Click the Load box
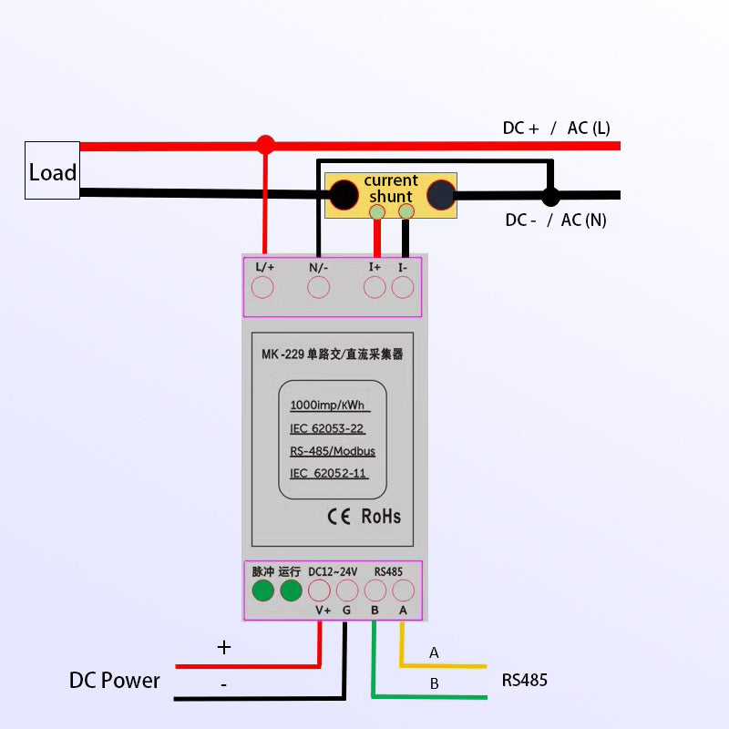pos(52,170)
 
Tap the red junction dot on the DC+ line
pos(265,145)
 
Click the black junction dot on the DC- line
pos(549,196)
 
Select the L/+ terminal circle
pos(263,288)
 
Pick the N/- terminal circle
pos(318,288)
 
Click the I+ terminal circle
pos(375,288)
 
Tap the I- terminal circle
pos(403,288)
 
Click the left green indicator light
pos(263,590)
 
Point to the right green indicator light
pos(291,590)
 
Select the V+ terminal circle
pos(320,590)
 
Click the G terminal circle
pos(347,590)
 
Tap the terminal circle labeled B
pos(375,590)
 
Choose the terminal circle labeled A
pos(403,590)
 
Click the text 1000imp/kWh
pos(329,406)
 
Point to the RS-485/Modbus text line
pos(333,451)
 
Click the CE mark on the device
pos(339,516)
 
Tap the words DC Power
pos(115,681)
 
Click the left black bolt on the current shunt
pos(344,195)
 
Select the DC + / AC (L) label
pos(556,128)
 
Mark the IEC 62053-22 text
pos(327,428)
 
